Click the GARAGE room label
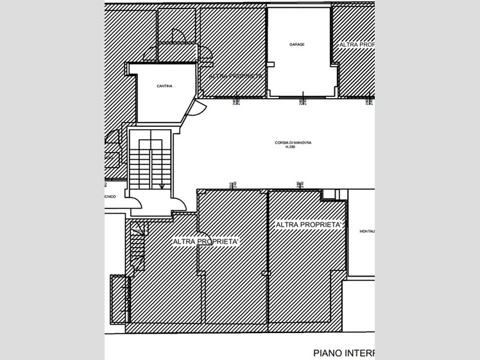296,45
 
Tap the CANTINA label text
164,86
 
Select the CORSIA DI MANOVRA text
293,143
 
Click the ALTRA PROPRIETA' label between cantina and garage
232,76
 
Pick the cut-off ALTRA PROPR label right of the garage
356,44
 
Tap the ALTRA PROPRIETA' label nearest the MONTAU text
308,225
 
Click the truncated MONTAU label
366,231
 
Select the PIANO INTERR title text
343,352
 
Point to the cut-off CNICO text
110,197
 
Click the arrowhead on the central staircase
162,186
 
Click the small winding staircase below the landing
137,247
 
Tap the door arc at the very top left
178,36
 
